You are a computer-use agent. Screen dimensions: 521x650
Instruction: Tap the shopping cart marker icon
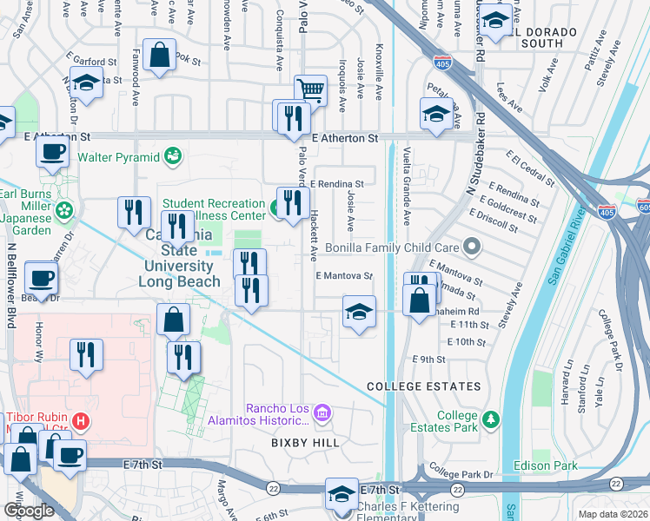coord(310,89)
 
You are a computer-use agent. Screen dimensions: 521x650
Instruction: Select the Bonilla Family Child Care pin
coord(472,248)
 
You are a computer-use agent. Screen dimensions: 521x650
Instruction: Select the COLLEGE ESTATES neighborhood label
coord(423,386)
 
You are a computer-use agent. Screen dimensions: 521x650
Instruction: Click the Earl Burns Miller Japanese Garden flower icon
coord(63,210)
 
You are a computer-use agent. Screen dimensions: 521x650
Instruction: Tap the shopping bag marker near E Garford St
coord(161,56)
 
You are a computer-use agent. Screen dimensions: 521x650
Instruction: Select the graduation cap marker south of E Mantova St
coord(357,313)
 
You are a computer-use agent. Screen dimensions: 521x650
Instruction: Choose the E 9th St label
coord(429,359)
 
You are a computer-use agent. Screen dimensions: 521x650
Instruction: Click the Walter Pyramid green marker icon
coord(174,156)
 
